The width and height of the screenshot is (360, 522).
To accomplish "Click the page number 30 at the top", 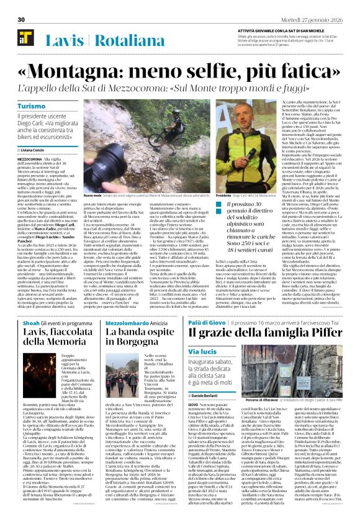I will coord(20,19).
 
